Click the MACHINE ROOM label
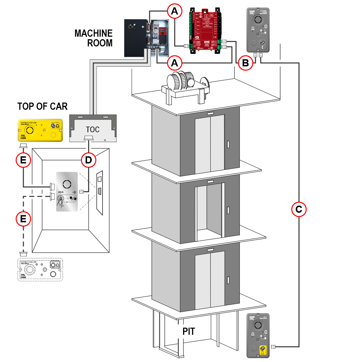coord(94,38)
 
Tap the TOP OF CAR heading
coord(42,107)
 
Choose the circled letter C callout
coord(299,209)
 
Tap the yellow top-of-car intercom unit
coord(41,130)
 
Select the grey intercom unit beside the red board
coord(259,30)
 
